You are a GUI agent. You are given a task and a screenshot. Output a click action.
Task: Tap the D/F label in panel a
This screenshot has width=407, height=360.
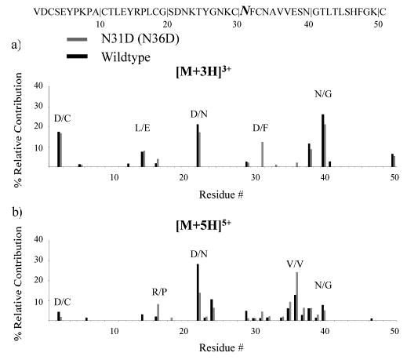coord(260,127)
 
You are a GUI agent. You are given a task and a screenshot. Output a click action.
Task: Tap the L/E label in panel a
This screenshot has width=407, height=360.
coord(144,127)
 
